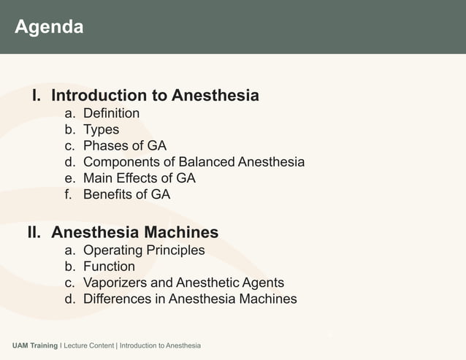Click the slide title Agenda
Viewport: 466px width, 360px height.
point(49,28)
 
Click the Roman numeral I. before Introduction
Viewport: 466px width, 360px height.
point(38,96)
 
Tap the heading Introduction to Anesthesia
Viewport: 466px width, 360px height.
point(156,96)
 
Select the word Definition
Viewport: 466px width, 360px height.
point(111,113)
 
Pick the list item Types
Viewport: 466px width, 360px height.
point(101,130)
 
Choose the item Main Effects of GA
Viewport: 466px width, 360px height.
point(139,178)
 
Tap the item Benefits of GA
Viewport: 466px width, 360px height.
point(126,194)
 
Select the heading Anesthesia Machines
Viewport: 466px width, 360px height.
point(135,233)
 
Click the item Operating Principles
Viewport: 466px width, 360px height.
point(144,250)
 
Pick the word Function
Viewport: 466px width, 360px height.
point(109,267)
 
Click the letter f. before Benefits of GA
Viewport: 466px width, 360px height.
point(69,194)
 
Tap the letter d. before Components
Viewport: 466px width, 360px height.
point(70,162)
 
